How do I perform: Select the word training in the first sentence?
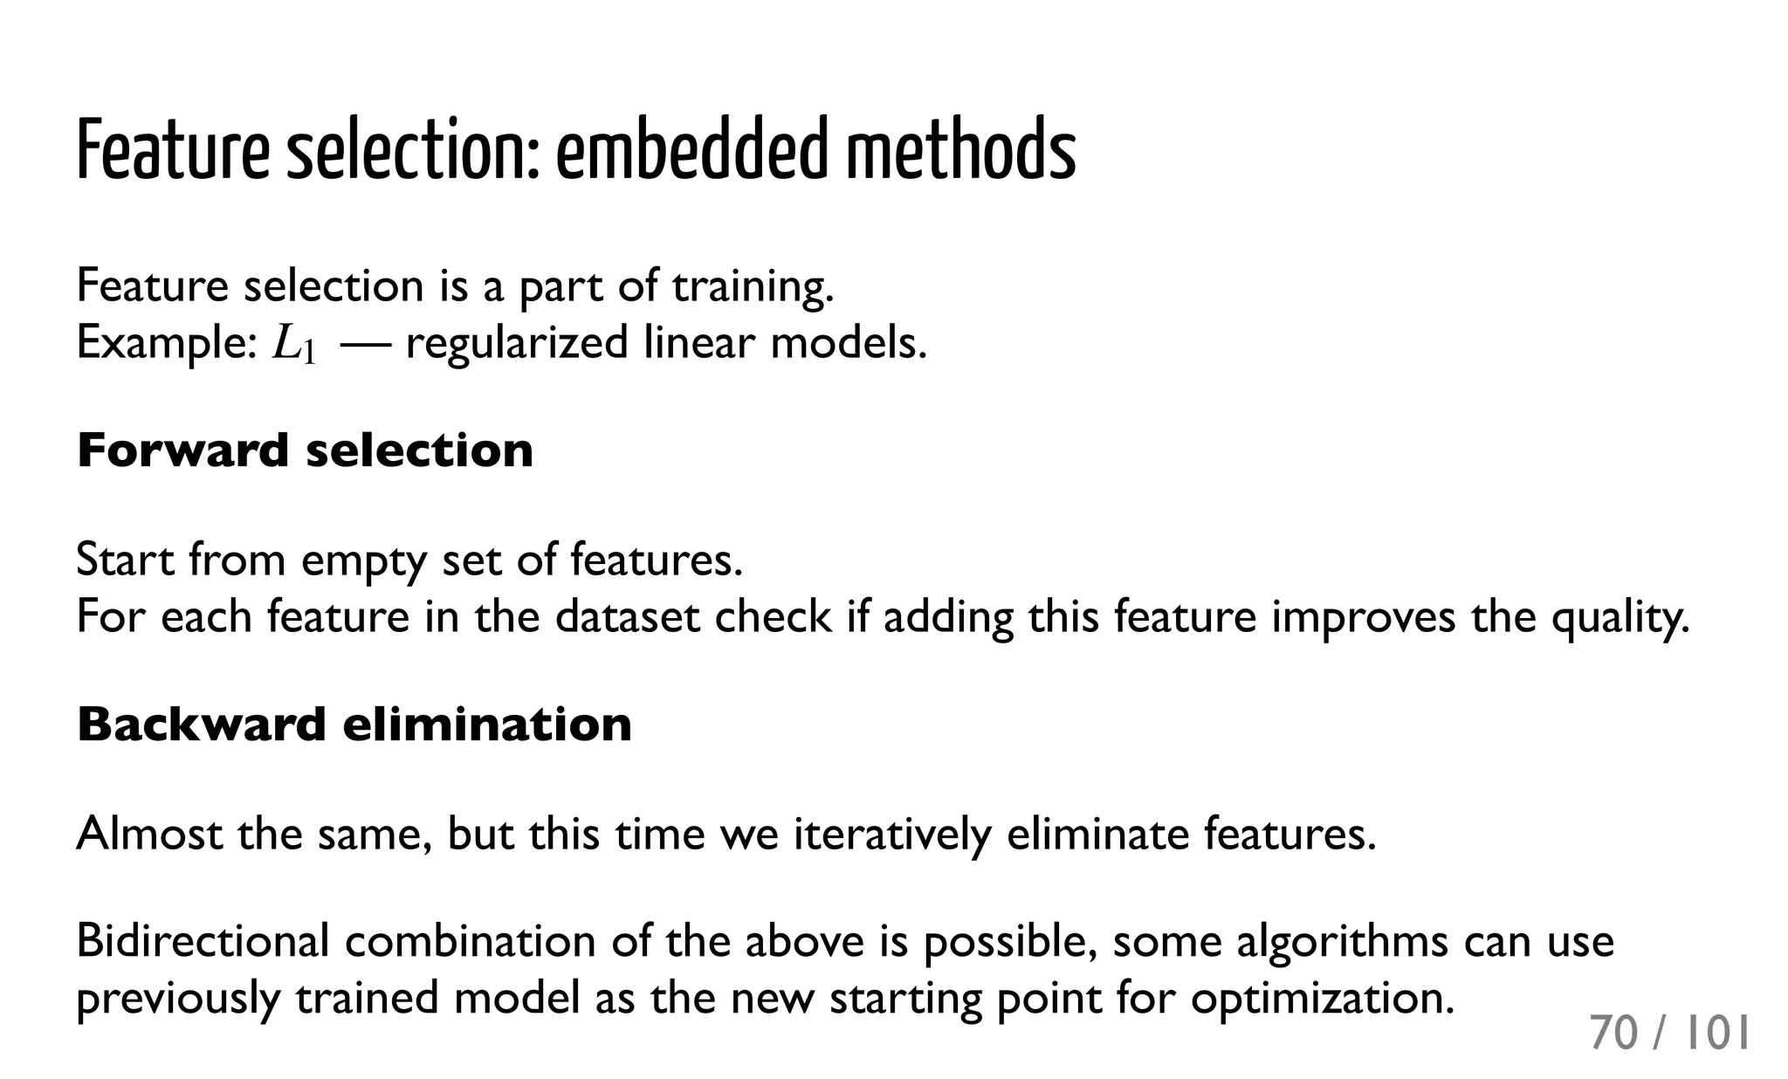[x=753, y=286]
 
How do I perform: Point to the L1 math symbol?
[x=293, y=344]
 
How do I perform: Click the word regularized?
[x=516, y=343]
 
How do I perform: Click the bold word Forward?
[x=182, y=450]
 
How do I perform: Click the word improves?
[x=1363, y=616]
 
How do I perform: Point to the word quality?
[x=1620, y=618]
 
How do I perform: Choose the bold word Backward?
[x=201, y=725]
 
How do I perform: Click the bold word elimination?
[x=486, y=725]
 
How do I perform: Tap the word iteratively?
[x=891, y=835]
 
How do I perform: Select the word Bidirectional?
[x=203, y=941]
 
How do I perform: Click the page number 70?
[x=1613, y=1034]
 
